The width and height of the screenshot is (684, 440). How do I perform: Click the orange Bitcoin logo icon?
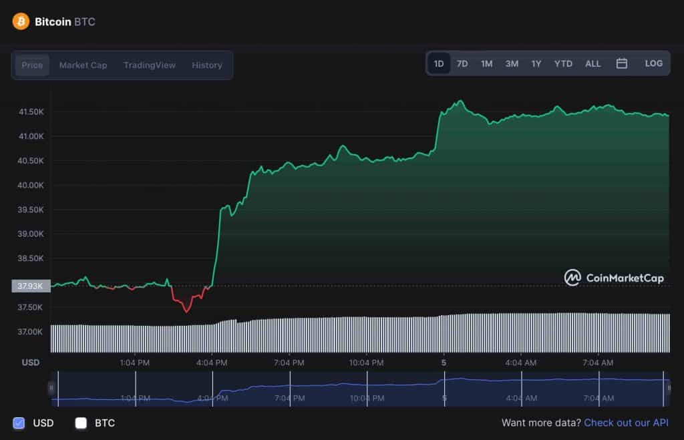21,21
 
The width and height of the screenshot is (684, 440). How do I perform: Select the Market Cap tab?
83,65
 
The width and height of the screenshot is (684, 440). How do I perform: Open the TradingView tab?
150,65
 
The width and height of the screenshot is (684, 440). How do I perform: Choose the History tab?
207,65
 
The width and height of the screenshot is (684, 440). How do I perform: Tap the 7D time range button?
462,64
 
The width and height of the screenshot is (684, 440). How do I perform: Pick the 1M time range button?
487,64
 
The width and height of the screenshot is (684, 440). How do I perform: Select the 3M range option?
512,64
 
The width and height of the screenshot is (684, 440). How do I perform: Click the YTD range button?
563,64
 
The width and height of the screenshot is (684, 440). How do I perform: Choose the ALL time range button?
593,64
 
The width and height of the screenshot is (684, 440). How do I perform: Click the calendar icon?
622,63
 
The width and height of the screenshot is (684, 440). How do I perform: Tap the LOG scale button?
654,63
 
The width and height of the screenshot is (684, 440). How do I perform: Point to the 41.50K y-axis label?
31,112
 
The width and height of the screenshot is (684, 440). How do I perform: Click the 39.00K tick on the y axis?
31,234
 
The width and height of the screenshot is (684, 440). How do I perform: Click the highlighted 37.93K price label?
30,286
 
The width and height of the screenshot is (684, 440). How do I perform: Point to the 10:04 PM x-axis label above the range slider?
367,363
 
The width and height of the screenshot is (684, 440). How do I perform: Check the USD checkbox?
19,423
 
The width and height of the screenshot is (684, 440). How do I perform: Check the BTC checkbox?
81,423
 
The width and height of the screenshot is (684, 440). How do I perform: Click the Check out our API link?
626,423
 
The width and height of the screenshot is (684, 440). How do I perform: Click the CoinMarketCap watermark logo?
615,278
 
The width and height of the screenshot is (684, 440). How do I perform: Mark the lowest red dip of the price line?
186,311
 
